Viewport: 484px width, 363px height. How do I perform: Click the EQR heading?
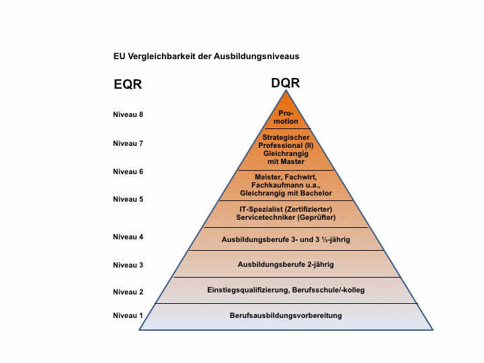pyautogui.click(x=128, y=85)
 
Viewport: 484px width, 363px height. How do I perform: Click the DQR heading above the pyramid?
pyautogui.click(x=285, y=83)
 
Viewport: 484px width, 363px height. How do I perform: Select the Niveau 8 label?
pyautogui.click(x=128, y=114)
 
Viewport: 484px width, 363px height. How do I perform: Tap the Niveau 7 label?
pyautogui.click(x=128, y=143)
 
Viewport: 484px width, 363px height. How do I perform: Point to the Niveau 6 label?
pyautogui.click(x=128, y=171)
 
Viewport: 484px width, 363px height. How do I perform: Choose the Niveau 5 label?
pyautogui.click(x=128, y=199)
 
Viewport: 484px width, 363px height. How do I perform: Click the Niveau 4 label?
pyautogui.click(x=128, y=237)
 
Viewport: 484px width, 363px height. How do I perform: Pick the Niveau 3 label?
pyautogui.click(x=128, y=265)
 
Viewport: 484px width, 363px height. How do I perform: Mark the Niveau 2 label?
pyautogui.click(x=128, y=292)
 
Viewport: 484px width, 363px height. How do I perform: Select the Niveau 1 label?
pyautogui.click(x=128, y=315)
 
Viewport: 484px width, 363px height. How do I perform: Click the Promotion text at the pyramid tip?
pyautogui.click(x=286, y=117)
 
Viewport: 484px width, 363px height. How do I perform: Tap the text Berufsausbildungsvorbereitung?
pyautogui.click(x=286, y=315)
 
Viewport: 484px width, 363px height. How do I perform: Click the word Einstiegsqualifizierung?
pyautogui.click(x=247, y=290)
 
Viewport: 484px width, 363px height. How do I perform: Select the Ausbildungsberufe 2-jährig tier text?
pyautogui.click(x=286, y=264)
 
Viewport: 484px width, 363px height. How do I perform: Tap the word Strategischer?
pyautogui.click(x=286, y=137)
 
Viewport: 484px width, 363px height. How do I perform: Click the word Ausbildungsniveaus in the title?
pyautogui.click(x=263, y=56)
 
